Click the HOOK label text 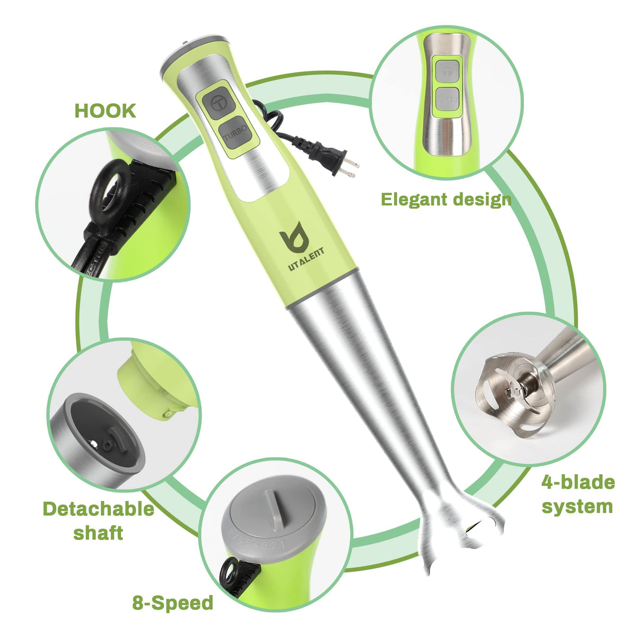pos(105,111)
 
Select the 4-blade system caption pos(578,494)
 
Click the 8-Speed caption pos(172,603)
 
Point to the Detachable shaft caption pos(98,520)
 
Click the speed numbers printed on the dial pos(257,540)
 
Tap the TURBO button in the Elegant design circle pos(447,99)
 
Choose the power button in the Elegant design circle pos(447,70)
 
